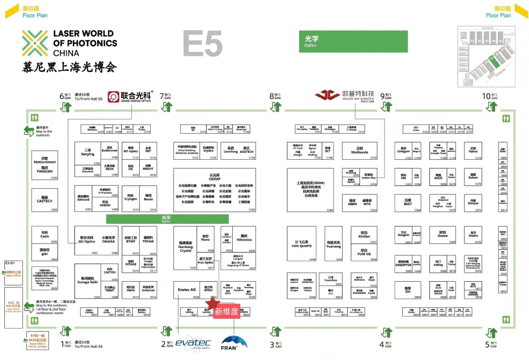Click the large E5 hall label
coord(203,43)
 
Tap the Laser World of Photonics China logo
coord(69,44)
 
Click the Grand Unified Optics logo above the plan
coord(130,96)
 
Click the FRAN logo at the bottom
coord(234,341)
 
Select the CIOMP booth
coord(215,190)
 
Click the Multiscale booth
coord(360,151)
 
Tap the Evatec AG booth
coord(187,290)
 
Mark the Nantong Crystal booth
coord(186,248)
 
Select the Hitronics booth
coord(244,239)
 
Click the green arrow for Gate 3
coord(276,332)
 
